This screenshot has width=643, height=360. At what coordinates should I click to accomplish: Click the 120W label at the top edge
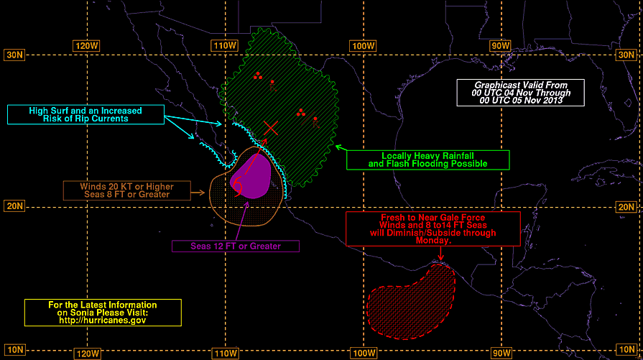pos(86,45)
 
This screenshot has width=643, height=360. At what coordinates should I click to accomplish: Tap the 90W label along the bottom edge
pos(501,353)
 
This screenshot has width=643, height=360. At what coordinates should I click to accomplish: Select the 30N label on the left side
pos(14,55)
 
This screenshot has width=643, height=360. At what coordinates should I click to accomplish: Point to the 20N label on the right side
pos(626,207)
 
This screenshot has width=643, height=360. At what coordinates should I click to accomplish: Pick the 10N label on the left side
pos(15,350)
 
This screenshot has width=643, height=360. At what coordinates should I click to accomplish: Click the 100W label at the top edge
pos(364,45)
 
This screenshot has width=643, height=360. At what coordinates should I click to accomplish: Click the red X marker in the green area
pos(271,128)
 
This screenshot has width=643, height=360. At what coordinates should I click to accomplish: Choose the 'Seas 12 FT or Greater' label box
pos(236,246)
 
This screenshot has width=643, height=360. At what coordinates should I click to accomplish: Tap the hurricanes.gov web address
pos(103,320)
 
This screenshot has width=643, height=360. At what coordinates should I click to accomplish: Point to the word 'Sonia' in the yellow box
pos(81,313)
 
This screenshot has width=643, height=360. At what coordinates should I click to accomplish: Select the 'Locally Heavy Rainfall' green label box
pos(428,160)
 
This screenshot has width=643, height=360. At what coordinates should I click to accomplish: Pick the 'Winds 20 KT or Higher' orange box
pos(127,190)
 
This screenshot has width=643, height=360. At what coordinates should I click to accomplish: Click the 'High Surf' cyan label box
pos(85,114)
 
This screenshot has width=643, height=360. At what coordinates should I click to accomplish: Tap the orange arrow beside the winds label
pos(198,193)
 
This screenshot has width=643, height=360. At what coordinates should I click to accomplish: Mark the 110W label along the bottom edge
pos(226,353)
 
